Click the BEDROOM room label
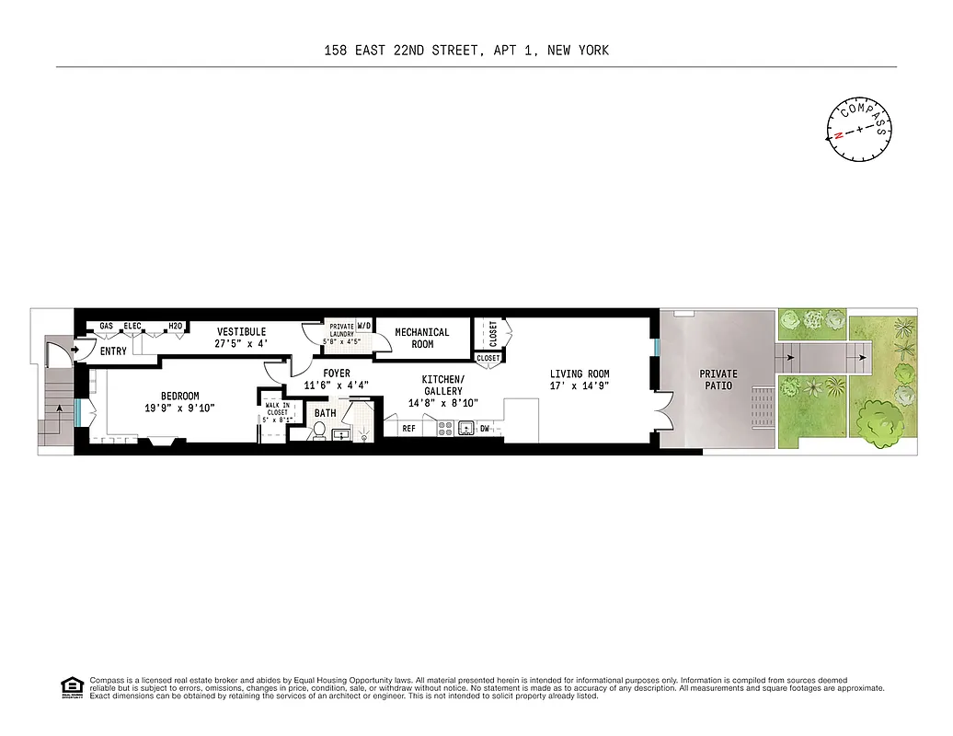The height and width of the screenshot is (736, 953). pyautogui.click(x=179, y=397)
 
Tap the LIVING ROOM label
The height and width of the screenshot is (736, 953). pyautogui.click(x=580, y=374)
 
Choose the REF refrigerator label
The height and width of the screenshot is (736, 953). pyautogui.click(x=408, y=428)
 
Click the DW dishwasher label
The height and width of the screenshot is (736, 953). pyautogui.click(x=484, y=428)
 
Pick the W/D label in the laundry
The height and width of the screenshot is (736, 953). pyautogui.click(x=363, y=325)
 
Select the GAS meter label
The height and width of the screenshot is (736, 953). pyautogui.click(x=106, y=327)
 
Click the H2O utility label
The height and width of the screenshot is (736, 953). pyautogui.click(x=176, y=327)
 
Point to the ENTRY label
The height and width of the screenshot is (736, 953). pyautogui.click(x=113, y=351)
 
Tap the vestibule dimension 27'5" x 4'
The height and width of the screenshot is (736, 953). pyautogui.click(x=241, y=344)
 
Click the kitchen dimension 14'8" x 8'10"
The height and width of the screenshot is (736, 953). pyautogui.click(x=442, y=403)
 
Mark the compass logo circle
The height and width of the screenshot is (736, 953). pyautogui.click(x=860, y=129)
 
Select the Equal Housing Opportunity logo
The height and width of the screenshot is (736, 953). pyautogui.click(x=69, y=686)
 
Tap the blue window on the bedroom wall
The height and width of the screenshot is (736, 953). pyautogui.click(x=82, y=411)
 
